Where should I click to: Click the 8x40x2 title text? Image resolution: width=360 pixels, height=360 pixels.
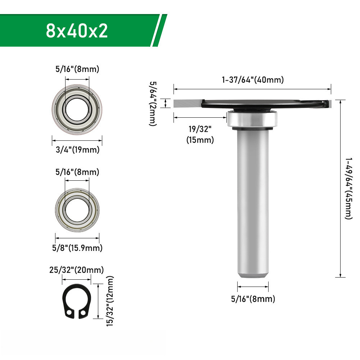tap(77, 31)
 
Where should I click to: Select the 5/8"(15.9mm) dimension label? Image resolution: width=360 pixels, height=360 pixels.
tap(77, 248)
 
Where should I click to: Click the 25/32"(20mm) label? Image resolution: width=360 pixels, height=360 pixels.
tap(77, 270)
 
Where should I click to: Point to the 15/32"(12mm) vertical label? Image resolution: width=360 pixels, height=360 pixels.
tap(110, 301)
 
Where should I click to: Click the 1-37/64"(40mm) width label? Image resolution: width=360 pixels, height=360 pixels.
tap(252, 80)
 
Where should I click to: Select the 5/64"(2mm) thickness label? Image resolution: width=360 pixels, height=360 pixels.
tap(153, 103)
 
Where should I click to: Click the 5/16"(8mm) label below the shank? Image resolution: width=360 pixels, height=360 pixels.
tap(253, 299)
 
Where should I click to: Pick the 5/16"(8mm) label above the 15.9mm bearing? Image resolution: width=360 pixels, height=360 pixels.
tap(77, 172)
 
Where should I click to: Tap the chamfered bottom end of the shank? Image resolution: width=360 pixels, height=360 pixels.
tap(253, 275)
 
